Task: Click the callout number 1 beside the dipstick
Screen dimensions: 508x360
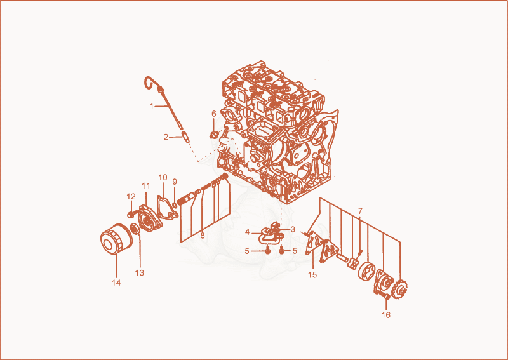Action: point(151,106)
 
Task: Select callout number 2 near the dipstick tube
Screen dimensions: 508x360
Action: point(166,137)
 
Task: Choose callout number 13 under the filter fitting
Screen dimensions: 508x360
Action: point(139,273)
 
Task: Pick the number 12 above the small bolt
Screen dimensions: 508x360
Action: point(131,197)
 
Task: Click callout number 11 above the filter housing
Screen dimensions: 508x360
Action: point(146,186)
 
